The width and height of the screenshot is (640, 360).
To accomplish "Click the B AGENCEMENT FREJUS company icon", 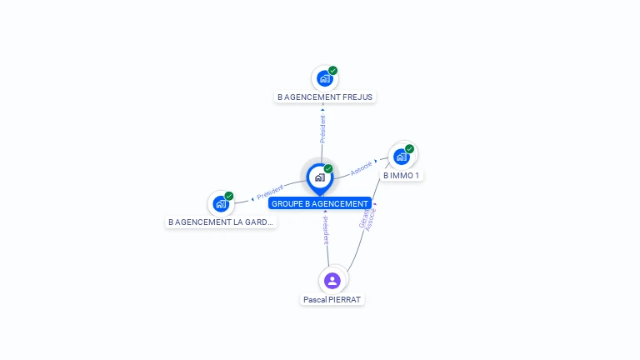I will (x=324, y=79).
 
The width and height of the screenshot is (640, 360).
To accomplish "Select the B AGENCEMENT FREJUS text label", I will (x=325, y=97).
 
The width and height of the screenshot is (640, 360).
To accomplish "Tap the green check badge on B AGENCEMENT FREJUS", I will (x=333, y=71).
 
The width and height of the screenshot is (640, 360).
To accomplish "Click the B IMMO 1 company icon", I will (x=402, y=157).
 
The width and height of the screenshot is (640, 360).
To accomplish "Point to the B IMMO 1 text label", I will (x=402, y=176).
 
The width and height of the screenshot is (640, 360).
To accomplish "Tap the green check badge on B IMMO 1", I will (x=410, y=149).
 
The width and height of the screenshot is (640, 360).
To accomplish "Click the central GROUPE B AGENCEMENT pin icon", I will (x=319, y=177).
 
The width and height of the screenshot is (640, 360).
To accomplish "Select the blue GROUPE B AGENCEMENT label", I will (x=320, y=203).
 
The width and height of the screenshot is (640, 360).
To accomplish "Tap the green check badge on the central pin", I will (x=328, y=169).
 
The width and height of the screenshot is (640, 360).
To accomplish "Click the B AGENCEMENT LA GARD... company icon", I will (x=221, y=203).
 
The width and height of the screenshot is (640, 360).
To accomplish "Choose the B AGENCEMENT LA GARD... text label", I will (x=221, y=222).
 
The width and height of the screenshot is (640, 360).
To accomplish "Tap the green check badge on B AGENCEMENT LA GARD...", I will (x=229, y=197).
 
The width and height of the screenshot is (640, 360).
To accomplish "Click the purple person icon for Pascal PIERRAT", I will (x=332, y=280).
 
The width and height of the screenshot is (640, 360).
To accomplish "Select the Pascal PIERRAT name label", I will (x=333, y=299).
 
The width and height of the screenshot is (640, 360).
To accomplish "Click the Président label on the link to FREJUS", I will (x=322, y=128).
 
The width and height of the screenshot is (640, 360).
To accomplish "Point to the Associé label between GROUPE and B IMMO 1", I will (x=362, y=167).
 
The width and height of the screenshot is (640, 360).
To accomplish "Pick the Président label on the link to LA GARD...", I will (x=270, y=191).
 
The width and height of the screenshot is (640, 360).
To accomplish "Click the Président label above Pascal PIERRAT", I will (x=326, y=230).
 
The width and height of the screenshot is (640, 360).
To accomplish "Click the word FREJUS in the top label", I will (x=357, y=97).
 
